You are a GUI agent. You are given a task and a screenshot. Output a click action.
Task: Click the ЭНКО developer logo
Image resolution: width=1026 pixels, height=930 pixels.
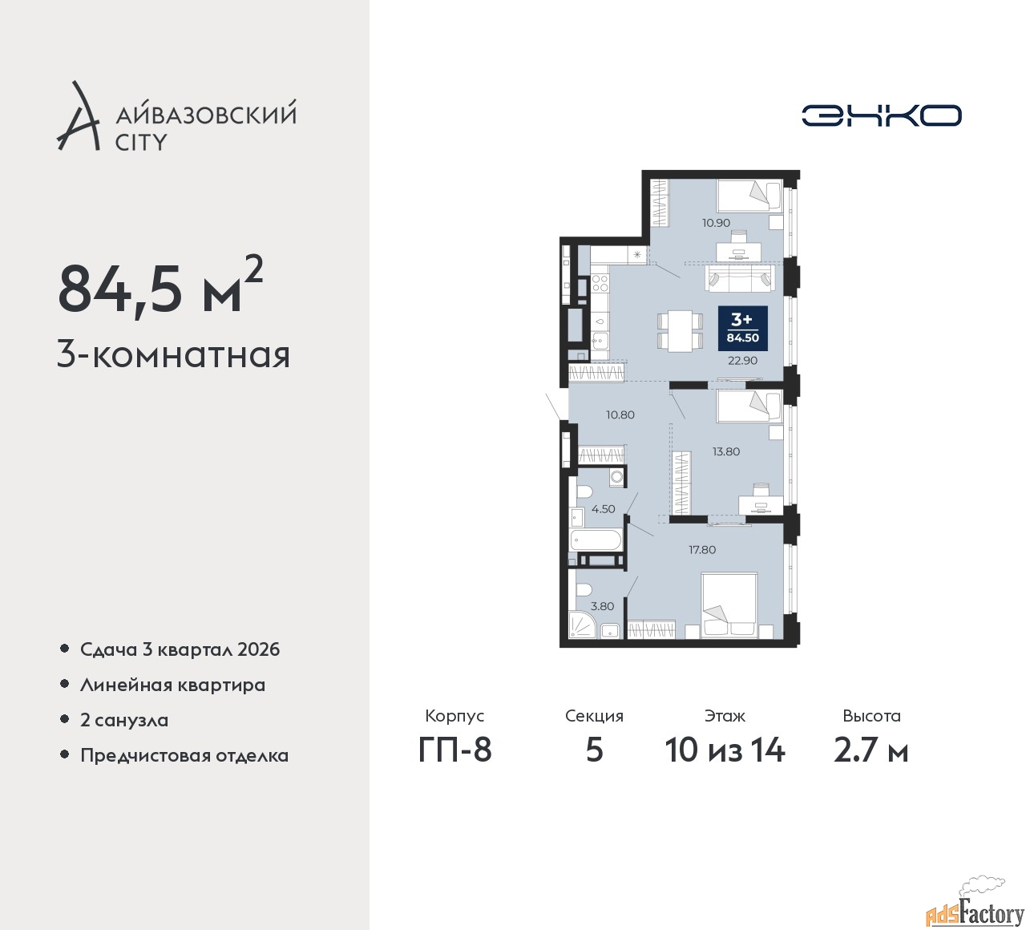pos(881,115)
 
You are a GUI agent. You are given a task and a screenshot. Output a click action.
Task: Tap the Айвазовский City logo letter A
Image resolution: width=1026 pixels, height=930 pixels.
pos(78,115)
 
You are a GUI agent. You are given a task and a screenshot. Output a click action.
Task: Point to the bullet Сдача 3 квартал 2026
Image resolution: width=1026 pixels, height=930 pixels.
pos(180,649)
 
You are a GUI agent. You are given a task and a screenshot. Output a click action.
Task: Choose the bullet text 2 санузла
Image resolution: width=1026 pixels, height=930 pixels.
pos(124,720)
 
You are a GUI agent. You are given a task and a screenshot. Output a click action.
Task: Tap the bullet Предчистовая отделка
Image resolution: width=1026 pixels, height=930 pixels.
pos(184,755)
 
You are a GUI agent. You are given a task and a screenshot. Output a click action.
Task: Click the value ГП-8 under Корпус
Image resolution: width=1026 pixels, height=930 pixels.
pos(454,750)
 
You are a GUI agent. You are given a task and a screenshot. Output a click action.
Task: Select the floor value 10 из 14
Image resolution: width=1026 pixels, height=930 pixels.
pos(725,750)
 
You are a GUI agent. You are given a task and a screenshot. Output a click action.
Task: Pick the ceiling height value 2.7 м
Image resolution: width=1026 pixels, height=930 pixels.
pos(871,750)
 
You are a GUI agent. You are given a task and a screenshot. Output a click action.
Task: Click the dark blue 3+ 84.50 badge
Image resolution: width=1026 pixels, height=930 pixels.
pos(743,329)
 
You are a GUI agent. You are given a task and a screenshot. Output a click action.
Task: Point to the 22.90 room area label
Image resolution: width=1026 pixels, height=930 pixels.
pos(743,361)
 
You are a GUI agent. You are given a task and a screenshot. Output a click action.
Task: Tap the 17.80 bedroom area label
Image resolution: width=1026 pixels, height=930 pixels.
pos(702,550)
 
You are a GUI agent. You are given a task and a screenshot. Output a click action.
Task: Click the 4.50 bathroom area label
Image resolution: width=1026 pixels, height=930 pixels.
pos(604,509)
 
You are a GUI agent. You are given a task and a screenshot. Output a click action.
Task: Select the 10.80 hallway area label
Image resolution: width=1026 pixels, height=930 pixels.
pos(620,414)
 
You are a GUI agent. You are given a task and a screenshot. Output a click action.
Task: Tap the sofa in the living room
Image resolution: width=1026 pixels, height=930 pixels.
pos(740,279)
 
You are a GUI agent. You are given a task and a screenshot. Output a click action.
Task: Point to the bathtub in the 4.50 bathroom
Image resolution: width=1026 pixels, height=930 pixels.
pos(596,540)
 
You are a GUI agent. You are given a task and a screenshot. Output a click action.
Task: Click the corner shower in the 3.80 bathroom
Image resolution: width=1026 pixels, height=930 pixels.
pos(583,625)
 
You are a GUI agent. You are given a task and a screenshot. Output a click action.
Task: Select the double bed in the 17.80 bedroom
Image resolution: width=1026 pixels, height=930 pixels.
pos(729,605)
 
